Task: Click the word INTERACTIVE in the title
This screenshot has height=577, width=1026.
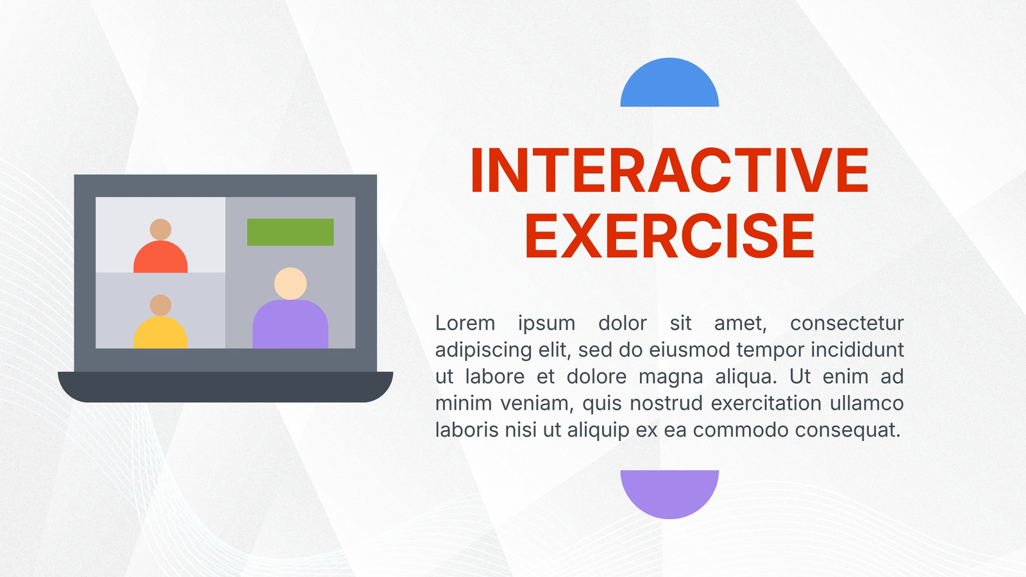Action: [x=669, y=171]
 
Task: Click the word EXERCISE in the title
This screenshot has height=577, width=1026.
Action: [x=669, y=237]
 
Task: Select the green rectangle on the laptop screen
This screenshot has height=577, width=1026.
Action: [x=290, y=232]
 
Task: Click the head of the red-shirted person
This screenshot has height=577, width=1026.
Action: [x=160, y=230]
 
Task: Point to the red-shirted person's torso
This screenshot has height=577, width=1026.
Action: [x=160, y=257]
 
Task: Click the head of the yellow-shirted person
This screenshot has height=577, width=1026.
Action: [x=160, y=305]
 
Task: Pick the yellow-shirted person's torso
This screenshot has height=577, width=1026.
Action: [x=160, y=333]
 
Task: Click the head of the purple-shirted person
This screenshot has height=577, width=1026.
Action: [x=290, y=283]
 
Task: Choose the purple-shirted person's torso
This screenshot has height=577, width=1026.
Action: [x=290, y=324]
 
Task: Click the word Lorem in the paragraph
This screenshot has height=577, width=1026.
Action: [x=465, y=323]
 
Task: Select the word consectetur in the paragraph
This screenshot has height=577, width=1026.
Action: [x=847, y=323]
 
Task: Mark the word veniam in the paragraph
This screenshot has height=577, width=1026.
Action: [x=536, y=404]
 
